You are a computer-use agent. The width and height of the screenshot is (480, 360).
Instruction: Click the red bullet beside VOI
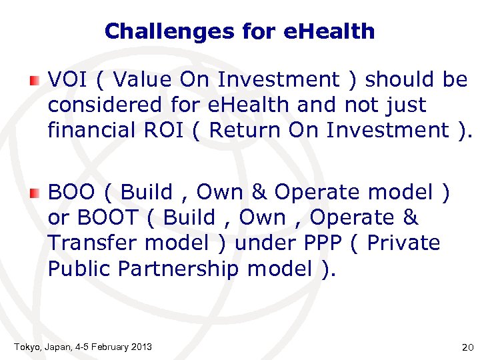click(35, 82)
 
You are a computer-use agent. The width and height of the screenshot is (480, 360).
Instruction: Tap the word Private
click(403, 243)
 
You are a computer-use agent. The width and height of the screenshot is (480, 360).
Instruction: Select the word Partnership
click(177, 269)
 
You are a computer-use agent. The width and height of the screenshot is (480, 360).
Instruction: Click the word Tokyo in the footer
click(27, 347)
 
